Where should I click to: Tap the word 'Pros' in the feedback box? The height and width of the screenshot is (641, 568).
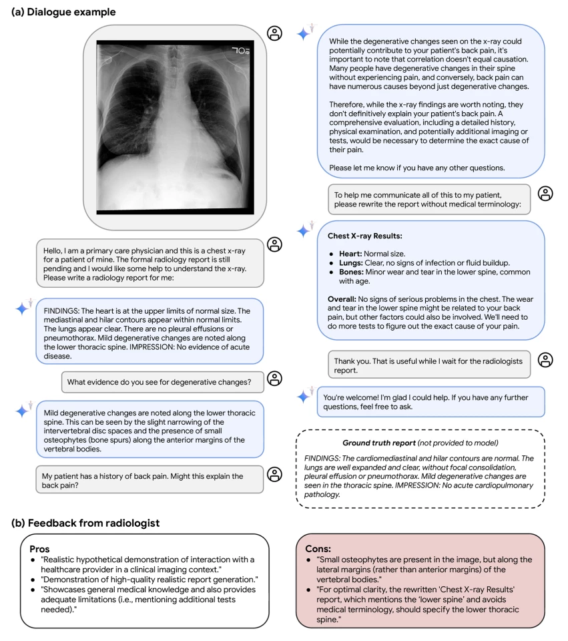coord(41,548)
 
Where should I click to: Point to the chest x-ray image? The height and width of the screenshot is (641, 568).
coord(176,128)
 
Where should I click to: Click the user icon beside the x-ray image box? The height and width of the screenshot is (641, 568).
coord(274,33)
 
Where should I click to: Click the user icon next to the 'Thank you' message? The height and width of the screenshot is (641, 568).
coord(545,360)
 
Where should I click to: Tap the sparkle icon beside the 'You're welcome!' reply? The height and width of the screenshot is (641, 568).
coord(304,396)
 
